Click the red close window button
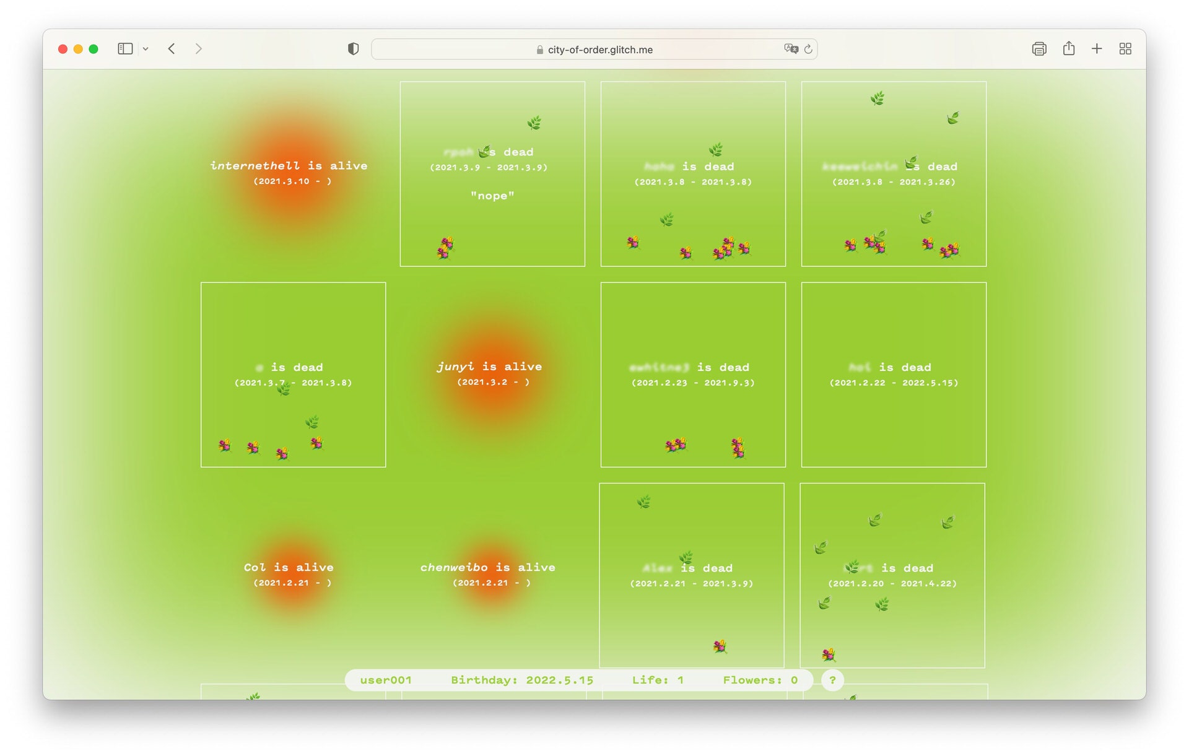coord(63,49)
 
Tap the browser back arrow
coord(172,49)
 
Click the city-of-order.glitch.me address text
coord(599,50)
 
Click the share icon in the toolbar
coord(1068,49)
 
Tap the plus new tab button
coord(1096,49)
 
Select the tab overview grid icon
coord(1125,49)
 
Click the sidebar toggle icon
coord(125,49)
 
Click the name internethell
coord(255,165)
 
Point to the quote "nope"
coord(492,196)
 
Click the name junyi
coord(455,366)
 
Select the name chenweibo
coord(454,567)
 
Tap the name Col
coord(255,567)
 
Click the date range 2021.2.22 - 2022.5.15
coord(894,383)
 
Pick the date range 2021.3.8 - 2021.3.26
coord(894,182)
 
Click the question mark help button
coord(832,680)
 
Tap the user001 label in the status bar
coord(386,680)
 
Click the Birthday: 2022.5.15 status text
coord(522,680)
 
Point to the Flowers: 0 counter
coord(760,680)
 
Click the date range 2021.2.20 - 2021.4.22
coord(892,583)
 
